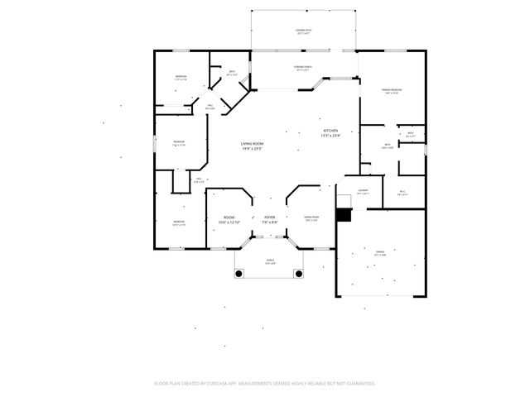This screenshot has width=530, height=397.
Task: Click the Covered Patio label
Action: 303,30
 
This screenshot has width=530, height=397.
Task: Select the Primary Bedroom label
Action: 392,89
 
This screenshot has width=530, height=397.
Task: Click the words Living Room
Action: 252,144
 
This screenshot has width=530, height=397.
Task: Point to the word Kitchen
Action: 330,131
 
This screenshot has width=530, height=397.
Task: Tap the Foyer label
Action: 270,218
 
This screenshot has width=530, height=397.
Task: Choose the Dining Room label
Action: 311,217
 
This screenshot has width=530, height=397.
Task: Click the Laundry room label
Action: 363,191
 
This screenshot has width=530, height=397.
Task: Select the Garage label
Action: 380,252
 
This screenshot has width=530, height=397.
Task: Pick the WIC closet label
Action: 402,191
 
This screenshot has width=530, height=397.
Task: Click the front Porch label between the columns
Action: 270,260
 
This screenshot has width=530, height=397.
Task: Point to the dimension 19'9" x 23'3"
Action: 252,149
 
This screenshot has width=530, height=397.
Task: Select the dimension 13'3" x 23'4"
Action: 330,136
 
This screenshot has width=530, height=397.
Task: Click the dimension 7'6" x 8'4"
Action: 270,222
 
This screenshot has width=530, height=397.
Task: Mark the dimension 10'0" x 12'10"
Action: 229,222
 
